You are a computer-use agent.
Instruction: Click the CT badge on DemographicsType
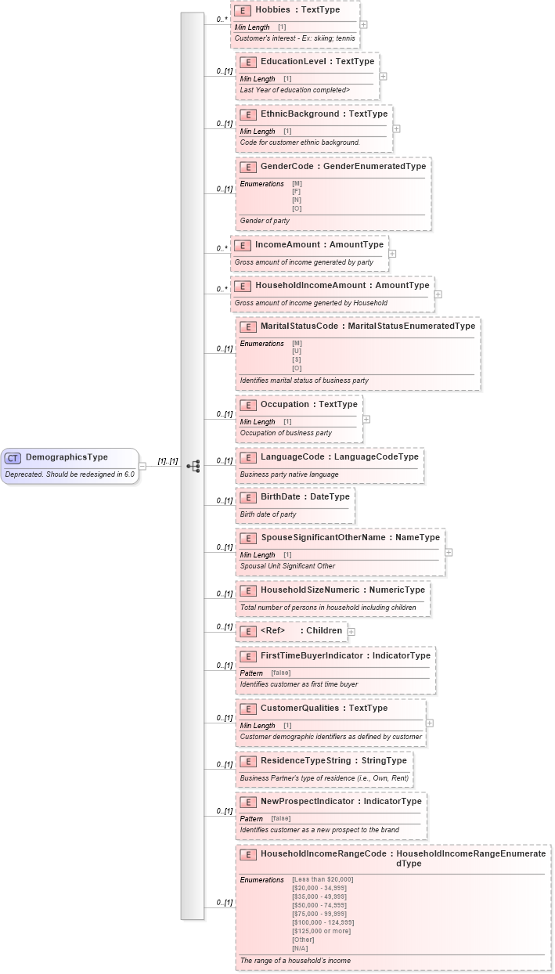point(13,457)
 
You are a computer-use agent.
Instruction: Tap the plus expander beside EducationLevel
point(383,76)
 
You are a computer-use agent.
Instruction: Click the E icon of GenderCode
point(247,167)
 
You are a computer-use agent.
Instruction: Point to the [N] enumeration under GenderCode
point(297,200)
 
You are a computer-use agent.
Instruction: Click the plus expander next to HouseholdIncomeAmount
point(438,294)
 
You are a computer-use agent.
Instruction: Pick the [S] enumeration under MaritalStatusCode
point(297,360)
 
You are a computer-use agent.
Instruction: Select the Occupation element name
point(284,405)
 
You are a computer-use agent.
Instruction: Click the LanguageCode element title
point(292,456)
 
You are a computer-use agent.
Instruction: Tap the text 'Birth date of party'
point(268,514)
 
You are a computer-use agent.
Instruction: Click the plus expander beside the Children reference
point(351,631)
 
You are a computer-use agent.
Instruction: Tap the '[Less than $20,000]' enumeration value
point(323,879)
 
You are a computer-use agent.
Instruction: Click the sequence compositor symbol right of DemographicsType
point(193,466)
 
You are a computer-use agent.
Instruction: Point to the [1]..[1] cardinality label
point(168,462)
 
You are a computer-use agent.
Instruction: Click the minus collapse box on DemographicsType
point(142,466)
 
